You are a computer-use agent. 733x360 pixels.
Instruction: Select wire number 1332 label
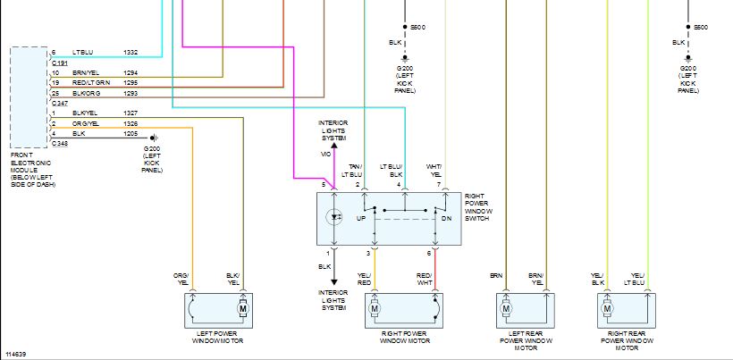(x=131, y=53)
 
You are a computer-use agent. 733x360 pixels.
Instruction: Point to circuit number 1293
(x=131, y=94)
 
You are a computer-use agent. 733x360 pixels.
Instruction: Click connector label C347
(x=59, y=103)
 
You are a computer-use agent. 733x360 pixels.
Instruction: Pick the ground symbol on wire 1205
(x=155, y=138)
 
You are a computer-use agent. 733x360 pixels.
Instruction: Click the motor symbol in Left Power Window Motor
(x=242, y=309)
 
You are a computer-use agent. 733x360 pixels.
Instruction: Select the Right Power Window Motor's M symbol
(x=374, y=309)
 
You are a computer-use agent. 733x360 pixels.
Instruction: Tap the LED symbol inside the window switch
(x=334, y=217)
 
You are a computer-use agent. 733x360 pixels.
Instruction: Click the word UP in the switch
(x=361, y=219)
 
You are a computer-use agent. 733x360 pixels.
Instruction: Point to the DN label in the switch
(x=445, y=219)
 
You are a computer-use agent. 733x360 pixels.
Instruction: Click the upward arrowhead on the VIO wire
(x=334, y=146)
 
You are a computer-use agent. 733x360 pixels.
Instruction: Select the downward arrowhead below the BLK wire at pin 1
(x=334, y=282)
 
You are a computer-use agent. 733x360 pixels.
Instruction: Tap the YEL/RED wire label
(x=364, y=280)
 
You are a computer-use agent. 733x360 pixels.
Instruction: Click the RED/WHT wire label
(x=425, y=280)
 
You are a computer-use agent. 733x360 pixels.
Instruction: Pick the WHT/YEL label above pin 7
(x=434, y=171)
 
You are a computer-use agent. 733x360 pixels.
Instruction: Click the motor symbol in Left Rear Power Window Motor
(x=505, y=309)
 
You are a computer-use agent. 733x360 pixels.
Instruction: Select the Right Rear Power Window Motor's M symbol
(x=607, y=309)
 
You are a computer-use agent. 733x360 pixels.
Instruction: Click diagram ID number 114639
(x=16, y=355)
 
